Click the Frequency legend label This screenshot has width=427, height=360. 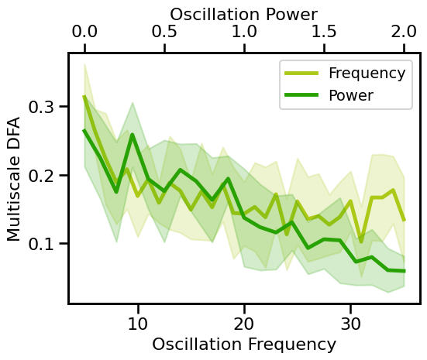[x=367, y=74]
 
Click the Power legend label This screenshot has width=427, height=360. [x=351, y=96]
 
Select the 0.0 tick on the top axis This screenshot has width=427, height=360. [x=84, y=33]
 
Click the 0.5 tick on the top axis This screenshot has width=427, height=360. [x=164, y=33]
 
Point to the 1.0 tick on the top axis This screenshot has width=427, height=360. [x=244, y=33]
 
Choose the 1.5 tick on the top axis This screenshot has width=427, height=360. [x=324, y=33]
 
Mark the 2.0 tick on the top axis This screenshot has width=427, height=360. [x=404, y=33]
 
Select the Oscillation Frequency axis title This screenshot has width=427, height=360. [x=244, y=345]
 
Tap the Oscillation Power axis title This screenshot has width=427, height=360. [x=244, y=13]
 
